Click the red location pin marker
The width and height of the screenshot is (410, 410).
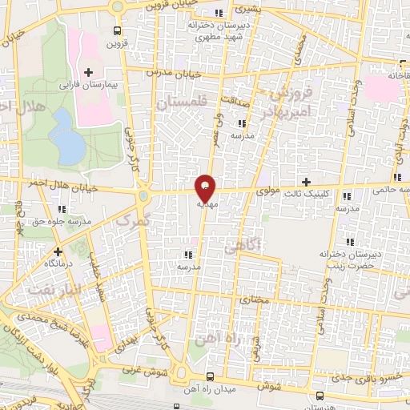coord(206,187)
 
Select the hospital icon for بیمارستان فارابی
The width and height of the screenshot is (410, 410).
coord(89,73)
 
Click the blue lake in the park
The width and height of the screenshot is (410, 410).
coord(67,135)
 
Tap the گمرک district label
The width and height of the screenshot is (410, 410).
coord(133,219)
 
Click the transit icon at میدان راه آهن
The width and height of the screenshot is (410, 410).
coord(211,376)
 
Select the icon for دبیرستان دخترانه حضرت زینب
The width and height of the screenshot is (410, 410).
coord(349,242)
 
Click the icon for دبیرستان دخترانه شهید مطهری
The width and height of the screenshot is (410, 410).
coord(219,13)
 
